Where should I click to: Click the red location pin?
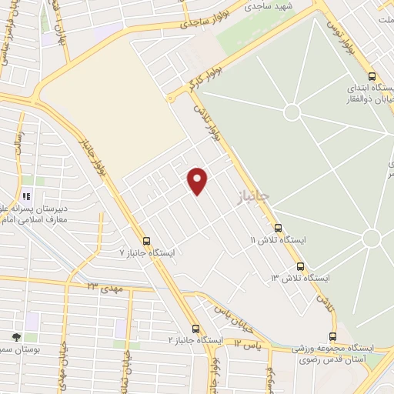coord(199,181)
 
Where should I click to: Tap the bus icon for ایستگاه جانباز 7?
coord(146,240)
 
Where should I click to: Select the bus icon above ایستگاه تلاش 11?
coord(278,228)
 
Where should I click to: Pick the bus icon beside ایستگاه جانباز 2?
coord(195,327)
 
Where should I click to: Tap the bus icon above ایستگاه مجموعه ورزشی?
coord(332,336)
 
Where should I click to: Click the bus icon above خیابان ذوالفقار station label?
coord(372,77)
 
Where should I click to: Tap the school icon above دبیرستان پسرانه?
coord(27,195)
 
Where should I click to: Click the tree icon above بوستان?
coord(16,337)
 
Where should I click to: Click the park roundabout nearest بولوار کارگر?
coord(292,112)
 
